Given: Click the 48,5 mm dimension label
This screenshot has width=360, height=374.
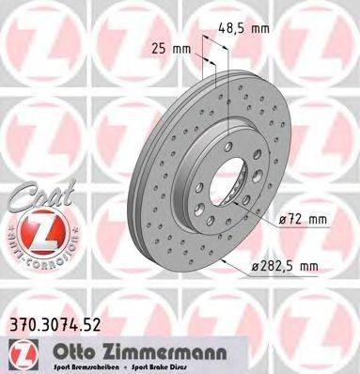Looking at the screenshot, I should [x=242, y=29].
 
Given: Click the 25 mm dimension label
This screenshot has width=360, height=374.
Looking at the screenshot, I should [x=168, y=47].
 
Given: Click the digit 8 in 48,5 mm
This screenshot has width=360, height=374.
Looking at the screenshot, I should [x=228, y=29].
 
